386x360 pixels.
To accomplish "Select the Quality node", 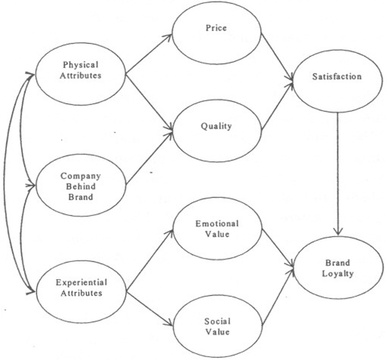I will point(216,131).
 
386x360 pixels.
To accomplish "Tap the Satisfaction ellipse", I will point(336,81).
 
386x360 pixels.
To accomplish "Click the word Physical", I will point(81,65).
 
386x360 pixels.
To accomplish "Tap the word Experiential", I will point(82,283).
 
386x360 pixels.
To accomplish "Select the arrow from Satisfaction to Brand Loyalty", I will point(338,174).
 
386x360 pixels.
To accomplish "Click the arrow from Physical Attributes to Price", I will point(149,53).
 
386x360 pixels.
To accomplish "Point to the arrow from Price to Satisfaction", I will point(277,57).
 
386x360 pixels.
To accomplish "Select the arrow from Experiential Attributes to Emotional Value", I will point(149,261).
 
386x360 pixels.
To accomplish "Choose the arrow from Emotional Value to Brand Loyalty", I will point(277,248).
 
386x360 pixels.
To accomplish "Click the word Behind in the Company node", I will point(81,186).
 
